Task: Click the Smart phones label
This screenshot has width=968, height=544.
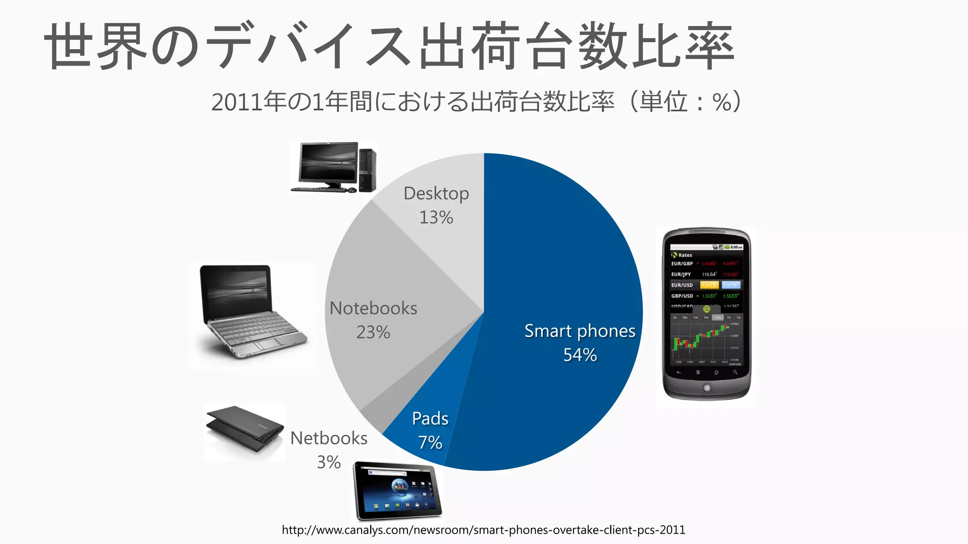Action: [x=579, y=331]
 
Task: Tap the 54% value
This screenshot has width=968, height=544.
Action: [x=579, y=355]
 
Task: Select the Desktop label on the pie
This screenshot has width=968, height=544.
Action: [x=436, y=194]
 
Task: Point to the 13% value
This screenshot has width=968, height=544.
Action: [x=436, y=218]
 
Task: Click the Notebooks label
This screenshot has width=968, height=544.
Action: [x=373, y=308]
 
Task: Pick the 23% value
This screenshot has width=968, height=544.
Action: [x=373, y=332]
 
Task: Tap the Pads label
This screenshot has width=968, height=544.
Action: [x=430, y=418]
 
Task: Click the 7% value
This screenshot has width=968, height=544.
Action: [x=430, y=442]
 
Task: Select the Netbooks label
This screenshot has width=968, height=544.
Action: [x=328, y=438]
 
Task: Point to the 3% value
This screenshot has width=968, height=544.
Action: [x=328, y=462]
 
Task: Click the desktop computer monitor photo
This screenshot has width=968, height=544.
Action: [x=328, y=163]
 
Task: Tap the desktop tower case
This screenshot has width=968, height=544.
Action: [x=367, y=170]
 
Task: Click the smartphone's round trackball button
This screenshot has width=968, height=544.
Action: [x=706, y=388]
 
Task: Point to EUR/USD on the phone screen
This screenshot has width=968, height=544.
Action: [x=682, y=285]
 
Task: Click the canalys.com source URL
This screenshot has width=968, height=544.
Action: [x=483, y=530]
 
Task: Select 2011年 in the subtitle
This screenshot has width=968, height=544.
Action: [x=249, y=102]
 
